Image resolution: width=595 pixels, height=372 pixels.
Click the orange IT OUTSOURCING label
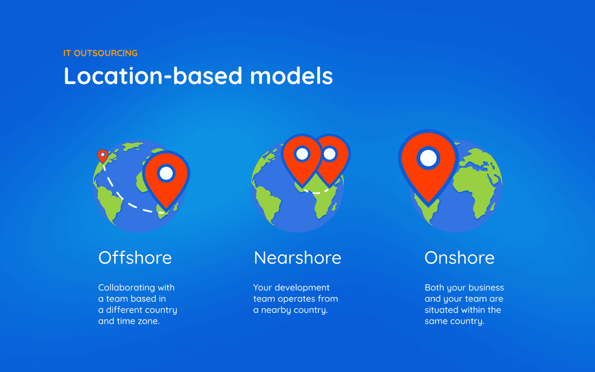[x=100, y=53]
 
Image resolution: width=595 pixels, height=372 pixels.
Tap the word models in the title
[x=292, y=76]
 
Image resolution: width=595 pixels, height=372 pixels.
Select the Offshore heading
[x=135, y=258]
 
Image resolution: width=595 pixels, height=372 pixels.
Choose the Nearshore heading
[x=297, y=258]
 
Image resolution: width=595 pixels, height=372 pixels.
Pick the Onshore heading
[x=459, y=258]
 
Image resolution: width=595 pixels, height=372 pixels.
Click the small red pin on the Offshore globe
[x=102, y=155]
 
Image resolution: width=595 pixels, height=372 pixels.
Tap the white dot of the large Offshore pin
[x=166, y=173]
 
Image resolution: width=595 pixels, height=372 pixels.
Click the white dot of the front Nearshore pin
[x=302, y=154]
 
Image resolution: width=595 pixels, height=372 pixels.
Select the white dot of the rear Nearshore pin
[x=330, y=154]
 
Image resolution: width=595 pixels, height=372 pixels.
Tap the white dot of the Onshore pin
[x=428, y=158]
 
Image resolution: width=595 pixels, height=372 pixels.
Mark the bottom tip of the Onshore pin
[x=428, y=205]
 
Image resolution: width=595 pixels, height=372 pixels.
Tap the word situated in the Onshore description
[x=440, y=310]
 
